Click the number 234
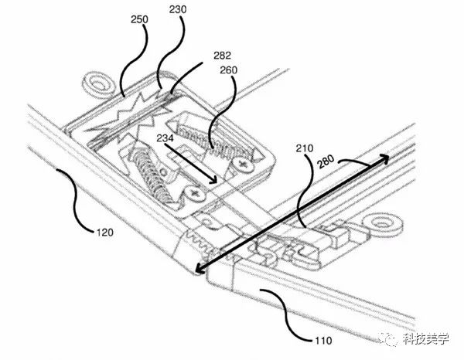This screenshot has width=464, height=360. point(165,139)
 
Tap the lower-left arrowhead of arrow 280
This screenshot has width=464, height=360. point(198,270)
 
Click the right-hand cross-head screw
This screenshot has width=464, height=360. point(245,165)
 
